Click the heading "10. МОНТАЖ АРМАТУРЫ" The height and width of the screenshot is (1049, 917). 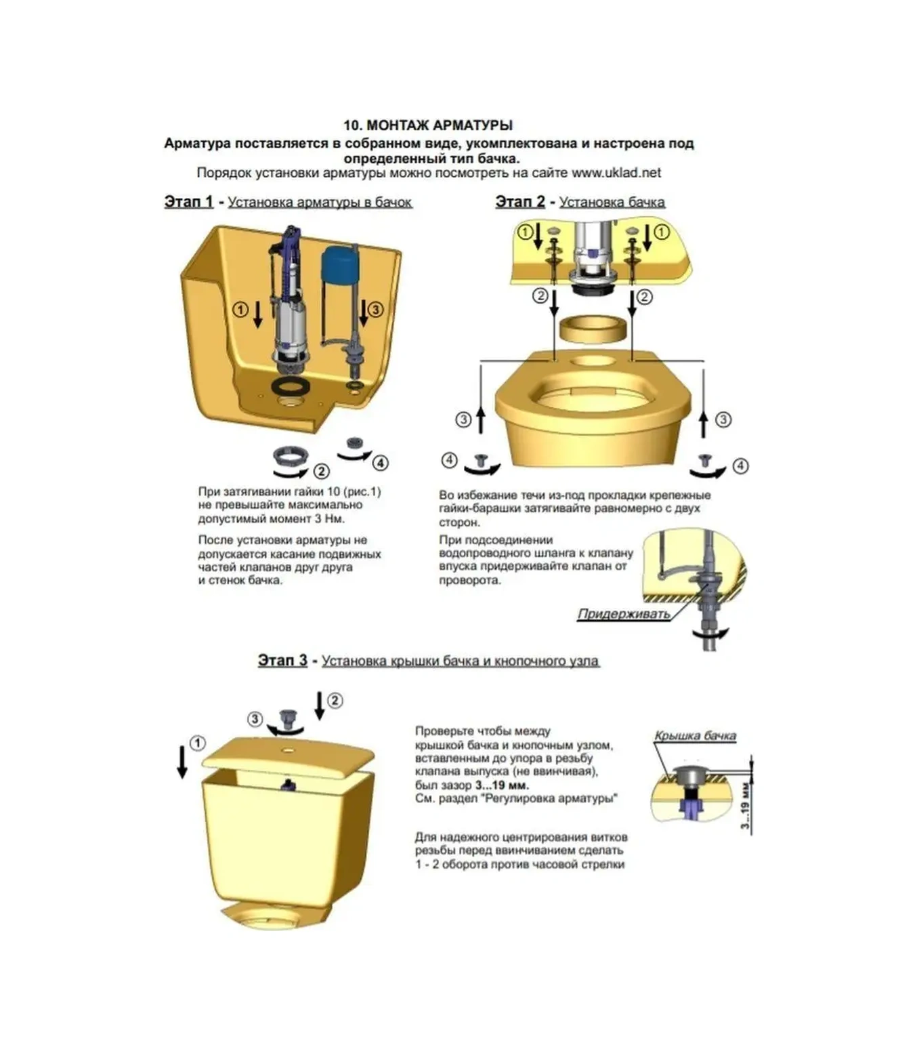(x=428, y=125)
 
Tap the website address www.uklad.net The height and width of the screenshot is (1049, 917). (x=616, y=173)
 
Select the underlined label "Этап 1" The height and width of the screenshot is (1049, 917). (x=188, y=201)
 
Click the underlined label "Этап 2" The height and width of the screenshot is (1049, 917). (x=520, y=201)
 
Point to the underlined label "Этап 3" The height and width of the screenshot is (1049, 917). (x=282, y=660)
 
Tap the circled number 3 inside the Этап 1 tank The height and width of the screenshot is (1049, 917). (x=375, y=309)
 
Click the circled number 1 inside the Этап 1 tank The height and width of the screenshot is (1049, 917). (x=240, y=309)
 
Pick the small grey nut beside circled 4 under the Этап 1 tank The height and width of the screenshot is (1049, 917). (x=352, y=443)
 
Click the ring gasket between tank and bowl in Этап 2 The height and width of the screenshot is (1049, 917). (x=593, y=329)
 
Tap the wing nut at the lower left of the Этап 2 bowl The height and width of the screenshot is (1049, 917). (x=480, y=460)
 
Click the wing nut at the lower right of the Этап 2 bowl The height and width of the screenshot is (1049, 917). (x=704, y=460)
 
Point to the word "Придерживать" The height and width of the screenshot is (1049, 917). (x=624, y=614)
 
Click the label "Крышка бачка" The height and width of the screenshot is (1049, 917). (x=695, y=736)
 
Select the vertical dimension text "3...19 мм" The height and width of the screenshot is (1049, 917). (x=746, y=805)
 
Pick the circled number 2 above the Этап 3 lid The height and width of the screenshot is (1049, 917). (x=335, y=701)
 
